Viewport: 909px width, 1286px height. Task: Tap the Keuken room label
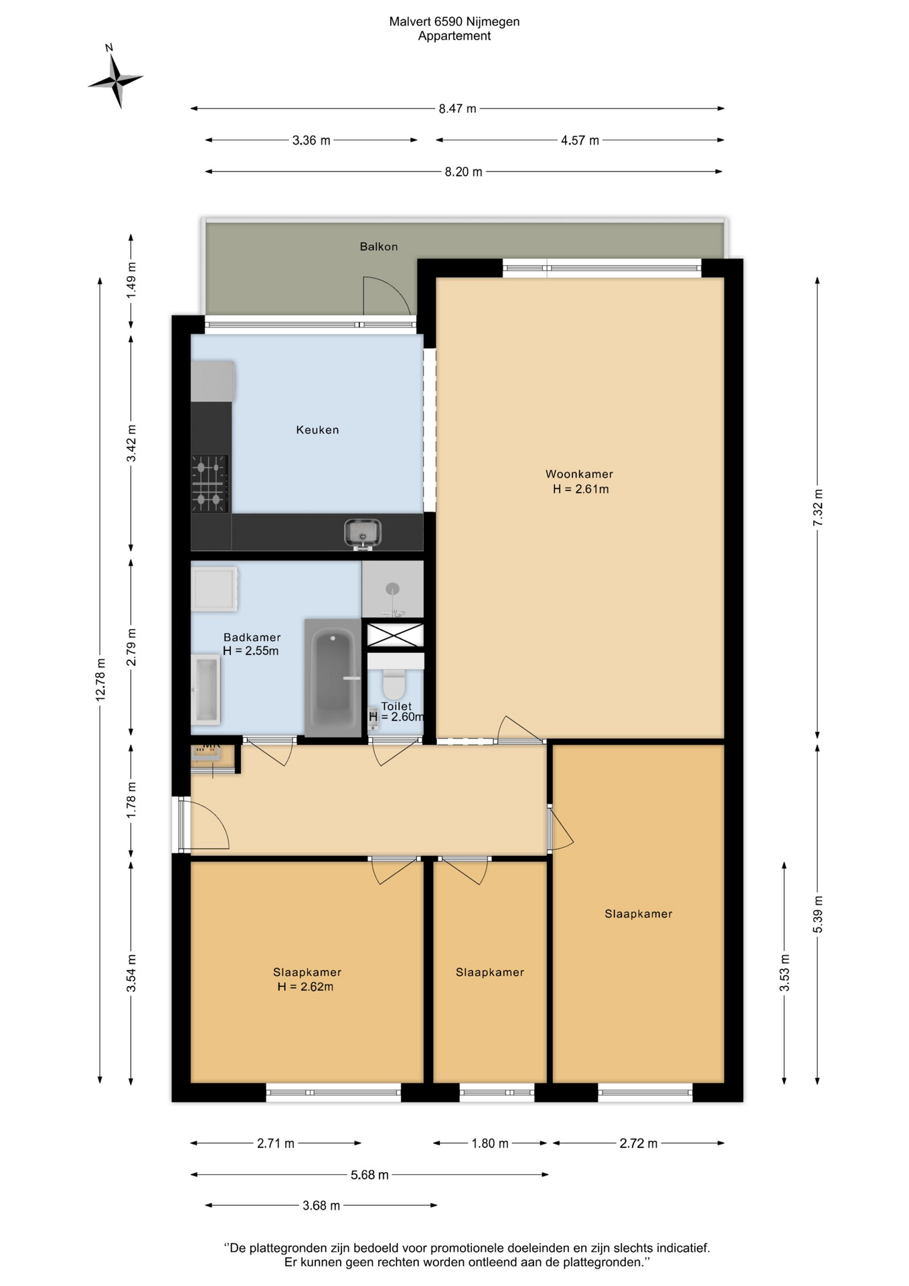pos(317,430)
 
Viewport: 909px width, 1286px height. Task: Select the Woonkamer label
pos(579,474)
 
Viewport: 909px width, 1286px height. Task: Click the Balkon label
pos(379,246)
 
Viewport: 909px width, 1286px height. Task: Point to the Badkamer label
pos(252,637)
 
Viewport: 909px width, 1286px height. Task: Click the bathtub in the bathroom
pos(333,678)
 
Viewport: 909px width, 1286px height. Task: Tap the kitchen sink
pos(363,534)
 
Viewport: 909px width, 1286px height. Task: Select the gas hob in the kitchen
pos(210,484)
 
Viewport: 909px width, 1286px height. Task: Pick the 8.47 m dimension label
pos(458,109)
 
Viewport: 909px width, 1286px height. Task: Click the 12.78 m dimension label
pos(100,680)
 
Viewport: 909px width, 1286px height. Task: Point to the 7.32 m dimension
pos(817,508)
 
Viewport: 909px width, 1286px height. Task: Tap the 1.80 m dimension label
pos(490,1143)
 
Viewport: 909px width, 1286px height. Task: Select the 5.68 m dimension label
pos(369,1175)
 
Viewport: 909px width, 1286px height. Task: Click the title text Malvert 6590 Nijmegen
pos(454,21)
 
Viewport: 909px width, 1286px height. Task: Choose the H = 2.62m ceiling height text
pos(305,987)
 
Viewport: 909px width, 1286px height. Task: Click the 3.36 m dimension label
pos(311,141)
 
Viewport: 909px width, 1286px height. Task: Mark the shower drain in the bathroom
pos(392,589)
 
